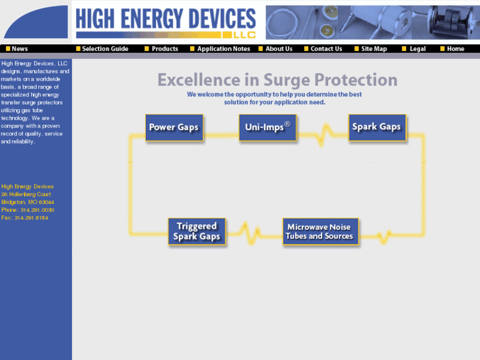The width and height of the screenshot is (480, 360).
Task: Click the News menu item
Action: coord(17,49)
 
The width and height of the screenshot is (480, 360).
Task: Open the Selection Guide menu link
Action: coord(102,49)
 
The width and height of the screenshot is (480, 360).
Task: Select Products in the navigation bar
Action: coord(161,49)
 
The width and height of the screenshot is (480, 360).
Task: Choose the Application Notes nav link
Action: coord(220,49)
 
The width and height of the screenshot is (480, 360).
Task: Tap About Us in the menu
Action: coord(275,49)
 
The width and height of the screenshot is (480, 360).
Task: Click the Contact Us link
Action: coord(323,49)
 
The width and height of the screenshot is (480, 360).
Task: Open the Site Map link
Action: coord(370,49)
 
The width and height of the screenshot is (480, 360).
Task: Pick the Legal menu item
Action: coord(414,49)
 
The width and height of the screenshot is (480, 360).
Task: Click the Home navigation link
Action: coord(452,49)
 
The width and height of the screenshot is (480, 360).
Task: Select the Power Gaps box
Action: coord(174,127)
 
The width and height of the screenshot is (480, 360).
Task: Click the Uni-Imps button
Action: coord(268,127)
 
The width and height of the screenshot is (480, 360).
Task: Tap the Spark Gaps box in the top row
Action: coord(377,127)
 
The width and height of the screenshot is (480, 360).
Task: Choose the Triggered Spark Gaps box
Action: coord(197,232)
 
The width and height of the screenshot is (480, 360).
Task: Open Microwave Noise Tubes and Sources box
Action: coord(320,232)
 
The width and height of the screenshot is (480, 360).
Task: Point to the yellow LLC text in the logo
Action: coord(244,35)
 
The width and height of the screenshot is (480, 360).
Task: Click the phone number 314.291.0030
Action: coord(38,210)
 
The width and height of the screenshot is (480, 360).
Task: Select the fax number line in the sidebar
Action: coord(24,218)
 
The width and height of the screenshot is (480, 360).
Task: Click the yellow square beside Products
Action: coord(147,49)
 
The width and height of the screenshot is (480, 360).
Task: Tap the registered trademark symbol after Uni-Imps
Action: coord(287,124)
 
